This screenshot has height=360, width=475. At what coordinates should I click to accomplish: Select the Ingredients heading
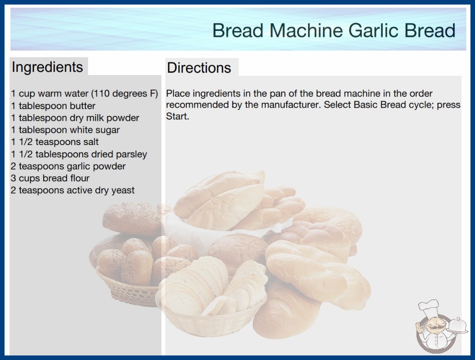47,67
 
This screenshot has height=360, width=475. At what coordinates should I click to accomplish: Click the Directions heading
199,68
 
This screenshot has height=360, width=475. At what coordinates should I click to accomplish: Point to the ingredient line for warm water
84,94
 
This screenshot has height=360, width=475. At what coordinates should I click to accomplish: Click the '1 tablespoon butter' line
53,106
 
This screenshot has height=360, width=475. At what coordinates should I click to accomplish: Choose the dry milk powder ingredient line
75,118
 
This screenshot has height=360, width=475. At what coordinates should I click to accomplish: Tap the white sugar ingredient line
65,130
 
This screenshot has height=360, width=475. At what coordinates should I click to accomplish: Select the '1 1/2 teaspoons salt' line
55,142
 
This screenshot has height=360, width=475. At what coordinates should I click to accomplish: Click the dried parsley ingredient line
79,155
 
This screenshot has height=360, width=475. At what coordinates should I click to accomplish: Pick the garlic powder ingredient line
68,166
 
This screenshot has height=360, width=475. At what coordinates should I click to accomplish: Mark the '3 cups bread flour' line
50,178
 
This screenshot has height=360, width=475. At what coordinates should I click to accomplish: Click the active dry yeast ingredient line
73,190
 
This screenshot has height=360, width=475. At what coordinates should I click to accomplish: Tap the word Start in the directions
178,116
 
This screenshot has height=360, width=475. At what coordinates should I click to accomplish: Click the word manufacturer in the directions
290,105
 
